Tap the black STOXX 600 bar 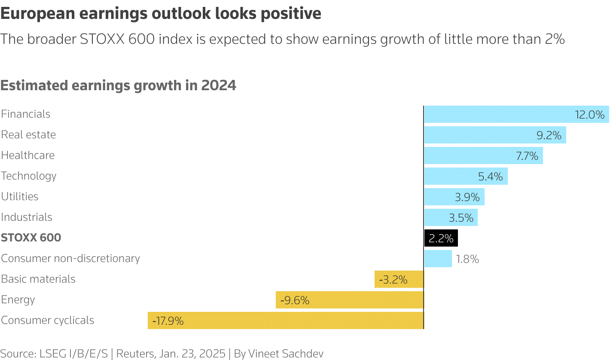pos(441,238)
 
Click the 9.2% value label pos(549,135)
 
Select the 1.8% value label pos(467,259)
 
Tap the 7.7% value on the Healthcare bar pos(527,156)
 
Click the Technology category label pos(29,176)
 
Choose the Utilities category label pos(20,197)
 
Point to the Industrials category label pos(27,217)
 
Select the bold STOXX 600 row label pos(31,238)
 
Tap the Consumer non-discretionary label pos(70,259)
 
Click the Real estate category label pos(28,135)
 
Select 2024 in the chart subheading pos(219,85)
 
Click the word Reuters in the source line pos(135,354)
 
